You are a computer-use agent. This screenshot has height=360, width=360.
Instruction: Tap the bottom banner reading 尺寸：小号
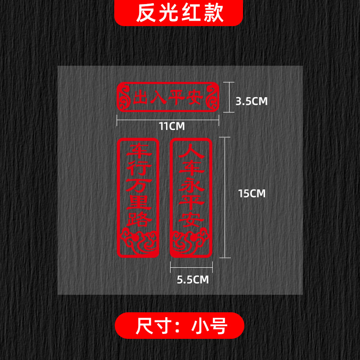(180, 325)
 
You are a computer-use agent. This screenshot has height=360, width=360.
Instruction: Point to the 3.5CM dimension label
(252, 101)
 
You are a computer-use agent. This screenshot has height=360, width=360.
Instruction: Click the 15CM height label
(252, 193)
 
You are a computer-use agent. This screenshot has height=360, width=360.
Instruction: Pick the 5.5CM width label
(193, 279)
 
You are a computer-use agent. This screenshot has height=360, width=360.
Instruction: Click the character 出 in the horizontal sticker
(139, 98)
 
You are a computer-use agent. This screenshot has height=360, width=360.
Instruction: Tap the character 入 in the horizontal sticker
(157, 98)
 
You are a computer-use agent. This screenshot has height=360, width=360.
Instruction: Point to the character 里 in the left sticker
(138, 204)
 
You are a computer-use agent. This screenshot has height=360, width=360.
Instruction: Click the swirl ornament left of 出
(123, 97)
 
